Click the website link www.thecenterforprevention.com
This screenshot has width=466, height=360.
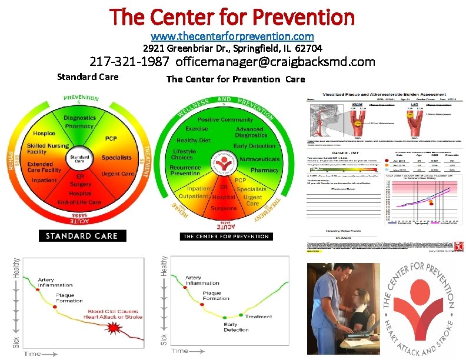pos(232,36)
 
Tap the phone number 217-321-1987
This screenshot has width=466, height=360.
pos(129,61)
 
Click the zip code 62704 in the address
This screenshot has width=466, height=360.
pos(310,48)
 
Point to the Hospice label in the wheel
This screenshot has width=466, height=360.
pos(45,133)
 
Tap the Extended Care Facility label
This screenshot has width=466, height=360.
pos(44,166)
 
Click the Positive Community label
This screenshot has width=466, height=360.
pos(225,120)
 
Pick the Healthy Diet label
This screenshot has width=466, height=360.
pos(194,141)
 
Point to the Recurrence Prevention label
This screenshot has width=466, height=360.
pos(185,170)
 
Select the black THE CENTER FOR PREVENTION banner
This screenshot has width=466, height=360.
pos(226,236)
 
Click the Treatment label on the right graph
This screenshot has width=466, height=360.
pos(259,316)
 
